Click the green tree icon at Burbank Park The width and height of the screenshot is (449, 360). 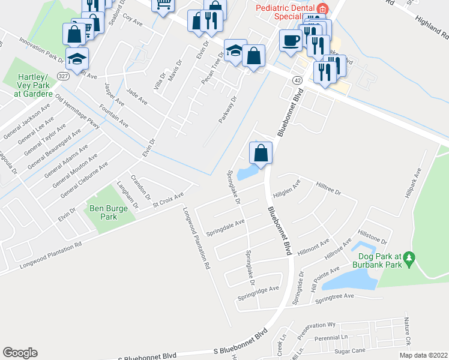(409, 259)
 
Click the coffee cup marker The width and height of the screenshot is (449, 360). (291, 41)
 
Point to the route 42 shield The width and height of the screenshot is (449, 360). (297, 79)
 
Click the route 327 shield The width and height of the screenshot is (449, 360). (63, 76)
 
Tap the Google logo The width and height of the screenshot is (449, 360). (20, 353)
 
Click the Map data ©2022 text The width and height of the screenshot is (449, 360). (423, 355)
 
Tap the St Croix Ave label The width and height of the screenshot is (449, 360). (168, 200)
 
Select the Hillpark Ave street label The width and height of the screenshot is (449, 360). (413, 183)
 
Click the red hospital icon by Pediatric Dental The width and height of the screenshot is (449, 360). (322, 8)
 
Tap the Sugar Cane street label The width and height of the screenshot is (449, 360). (350, 349)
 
